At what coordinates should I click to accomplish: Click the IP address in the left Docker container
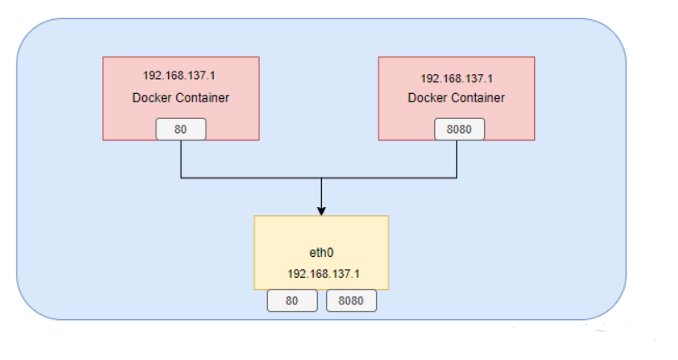(x=181, y=76)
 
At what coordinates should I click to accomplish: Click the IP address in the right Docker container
(x=457, y=79)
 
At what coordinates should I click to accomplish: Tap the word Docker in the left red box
(x=150, y=98)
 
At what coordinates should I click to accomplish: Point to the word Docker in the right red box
(x=426, y=98)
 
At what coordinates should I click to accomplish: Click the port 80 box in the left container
(x=181, y=129)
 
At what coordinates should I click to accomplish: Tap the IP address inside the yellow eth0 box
(x=320, y=274)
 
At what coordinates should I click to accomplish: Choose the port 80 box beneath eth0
(x=292, y=301)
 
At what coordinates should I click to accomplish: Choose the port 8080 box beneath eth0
(x=351, y=301)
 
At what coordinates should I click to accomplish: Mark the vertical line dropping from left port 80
(x=181, y=159)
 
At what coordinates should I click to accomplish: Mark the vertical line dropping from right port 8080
(x=457, y=159)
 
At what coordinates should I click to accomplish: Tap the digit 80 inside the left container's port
(x=181, y=130)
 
